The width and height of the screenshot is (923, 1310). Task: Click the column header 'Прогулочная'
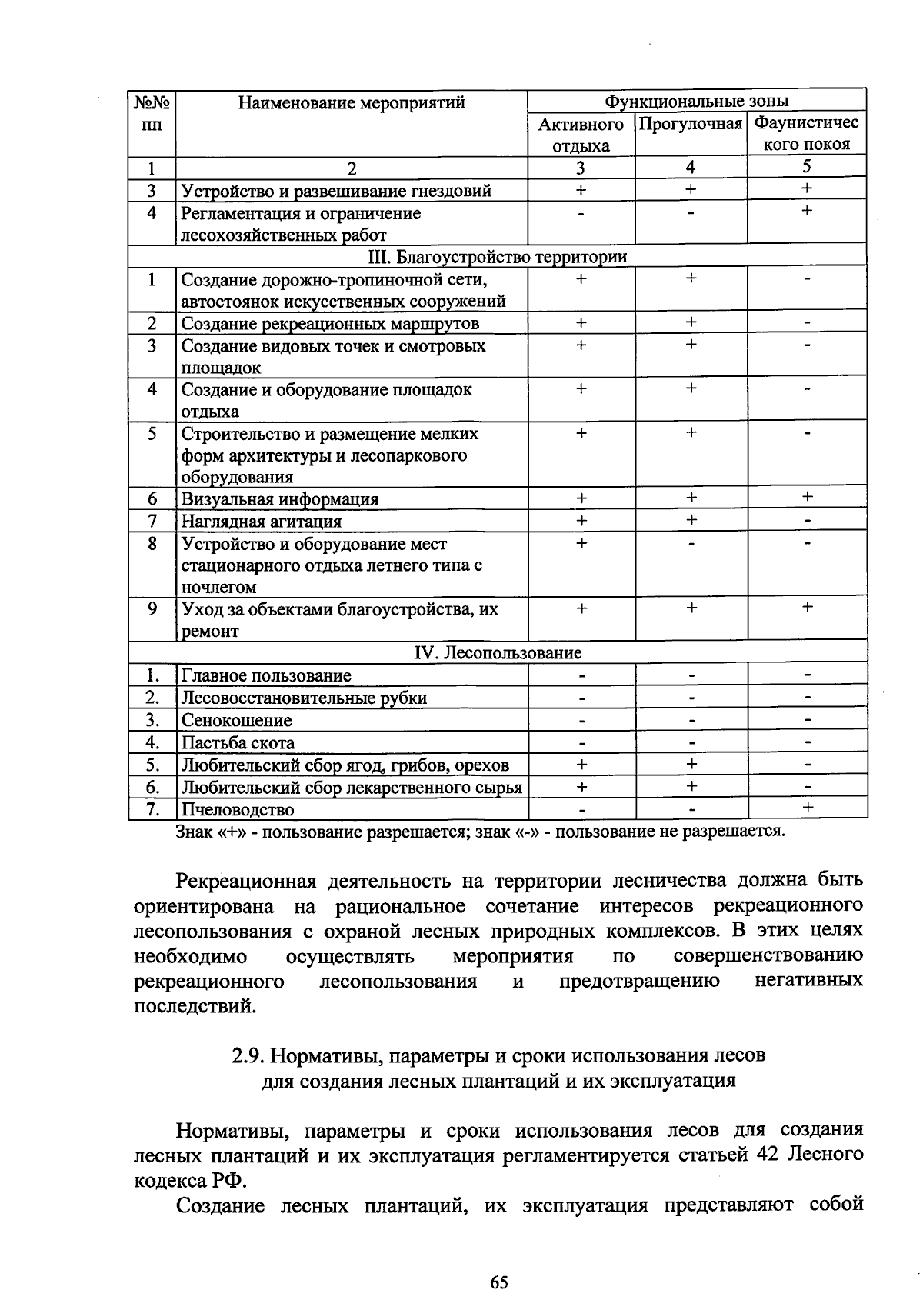[691, 124]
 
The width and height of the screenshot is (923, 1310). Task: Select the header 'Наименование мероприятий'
[352, 102]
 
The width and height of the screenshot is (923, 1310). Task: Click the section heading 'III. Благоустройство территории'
[498, 257]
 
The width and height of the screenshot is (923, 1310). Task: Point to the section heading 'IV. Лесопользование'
[498, 653]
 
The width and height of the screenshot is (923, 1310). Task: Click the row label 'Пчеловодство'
[238, 809]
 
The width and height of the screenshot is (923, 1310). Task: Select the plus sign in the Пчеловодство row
[807, 807]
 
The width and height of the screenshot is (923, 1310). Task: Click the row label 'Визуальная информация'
[280, 499]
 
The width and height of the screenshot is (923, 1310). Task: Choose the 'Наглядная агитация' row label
[262, 522]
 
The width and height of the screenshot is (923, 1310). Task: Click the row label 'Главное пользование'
[266, 676]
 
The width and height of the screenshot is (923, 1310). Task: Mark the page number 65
[498, 1282]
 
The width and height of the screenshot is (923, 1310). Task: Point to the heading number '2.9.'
[248, 1055]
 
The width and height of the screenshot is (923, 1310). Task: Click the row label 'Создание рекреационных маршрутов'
[330, 324]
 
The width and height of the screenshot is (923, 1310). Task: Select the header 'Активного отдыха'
[581, 135]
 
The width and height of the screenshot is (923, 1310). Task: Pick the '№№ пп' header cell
[152, 113]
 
